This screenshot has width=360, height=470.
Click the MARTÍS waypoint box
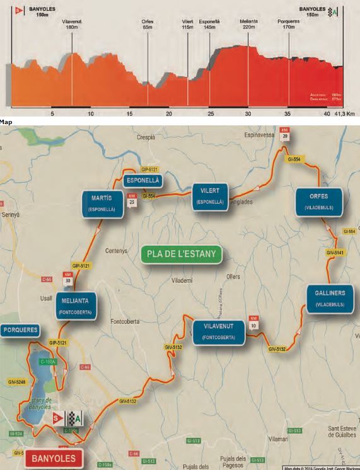(102, 203)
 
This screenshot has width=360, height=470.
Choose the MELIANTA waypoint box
(76, 306)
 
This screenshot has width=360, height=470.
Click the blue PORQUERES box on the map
(21, 330)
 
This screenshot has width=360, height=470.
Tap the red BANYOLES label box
(54, 458)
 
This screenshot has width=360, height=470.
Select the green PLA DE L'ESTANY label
(182, 255)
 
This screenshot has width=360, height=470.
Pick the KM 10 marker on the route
(253, 323)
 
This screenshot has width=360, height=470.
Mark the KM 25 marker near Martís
(132, 200)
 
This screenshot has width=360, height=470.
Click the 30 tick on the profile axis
(248, 113)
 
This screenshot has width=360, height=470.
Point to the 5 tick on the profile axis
(52, 113)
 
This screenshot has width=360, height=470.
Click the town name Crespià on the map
(146, 137)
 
